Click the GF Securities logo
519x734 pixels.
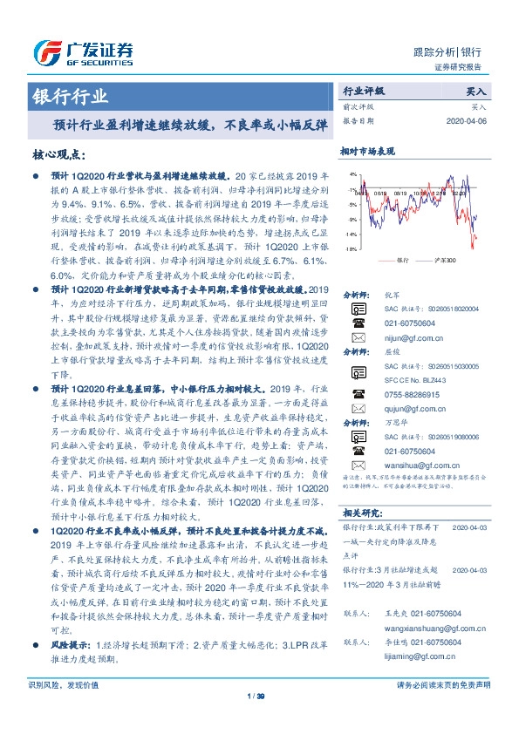coord(83,53)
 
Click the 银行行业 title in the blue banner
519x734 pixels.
coord(71,96)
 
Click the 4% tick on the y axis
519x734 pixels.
coord(352,174)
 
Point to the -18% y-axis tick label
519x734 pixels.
coord(350,249)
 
